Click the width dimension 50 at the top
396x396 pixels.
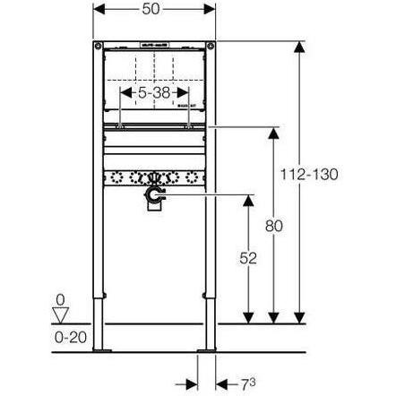point(155,8)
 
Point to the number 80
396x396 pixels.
point(275,226)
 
